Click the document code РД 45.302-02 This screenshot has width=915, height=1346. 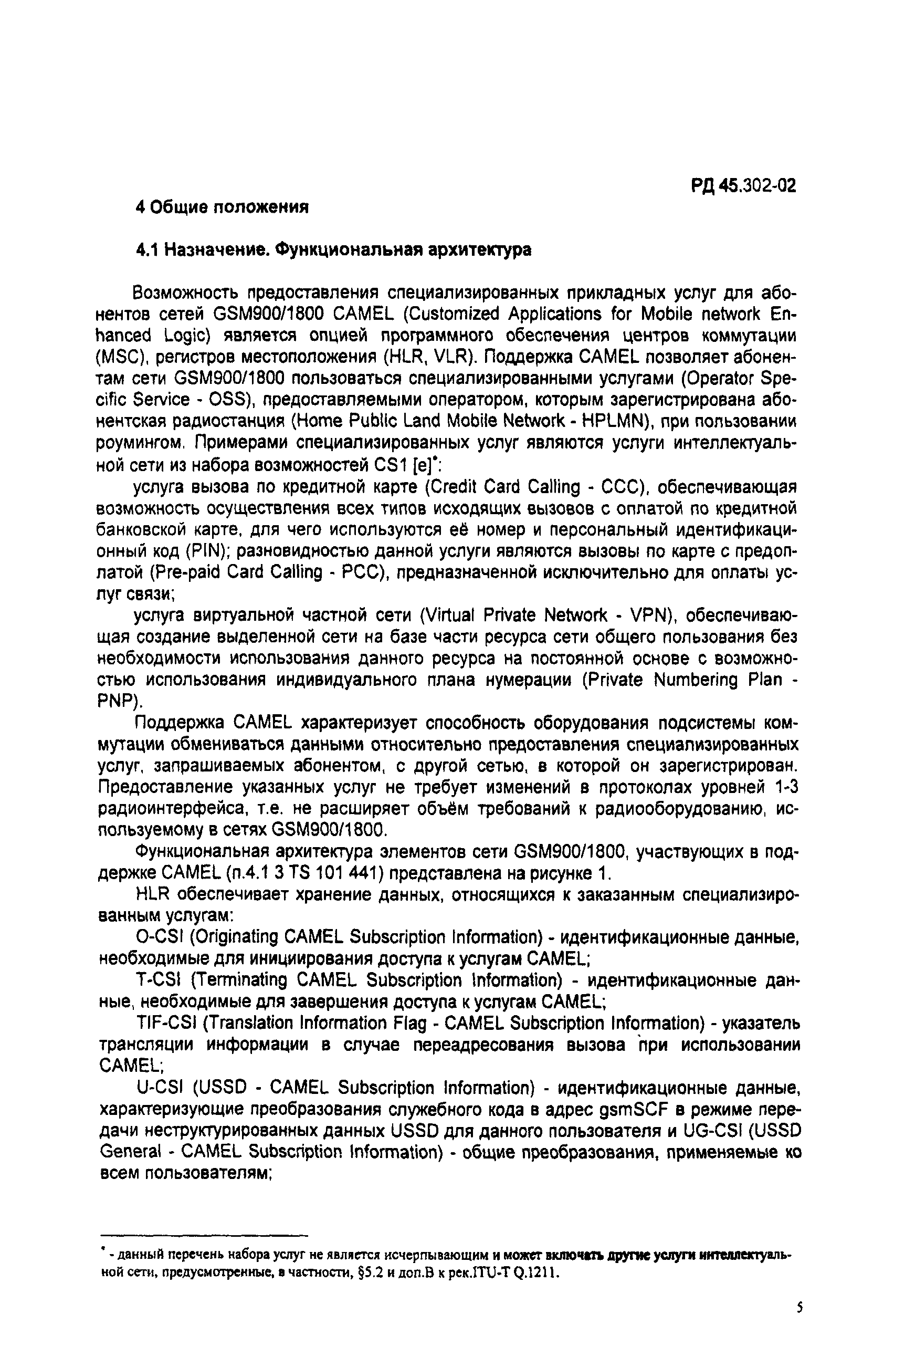point(743,185)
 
